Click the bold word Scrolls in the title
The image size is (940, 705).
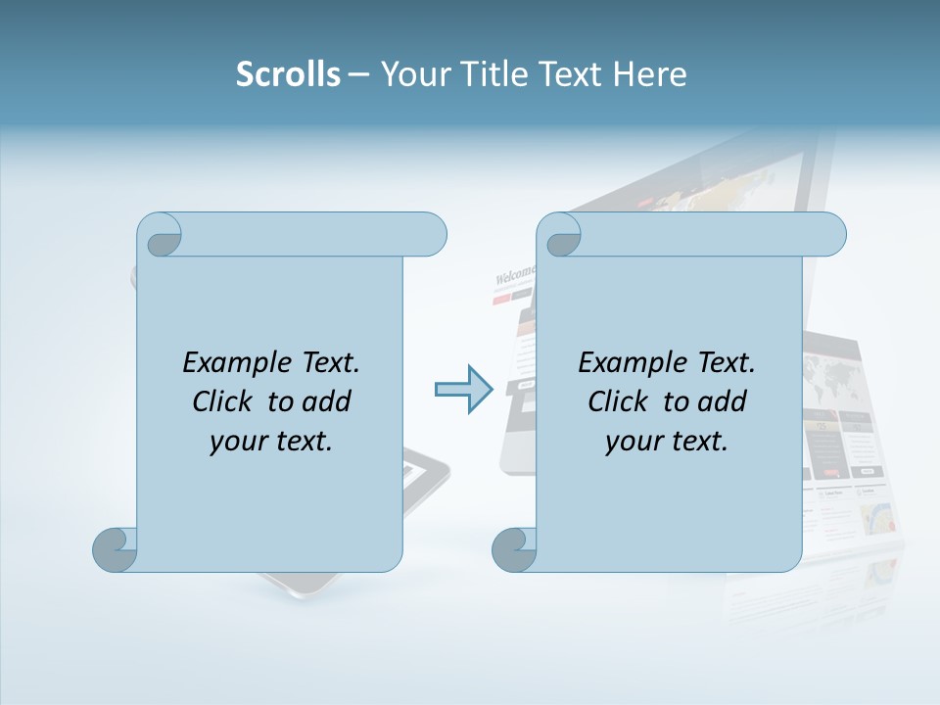pos(288,74)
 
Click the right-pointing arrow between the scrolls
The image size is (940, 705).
pos(463,390)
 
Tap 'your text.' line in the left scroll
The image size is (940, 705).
pos(271,441)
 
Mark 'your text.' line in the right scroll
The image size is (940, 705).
pos(667,441)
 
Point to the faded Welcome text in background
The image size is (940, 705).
pos(515,275)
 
